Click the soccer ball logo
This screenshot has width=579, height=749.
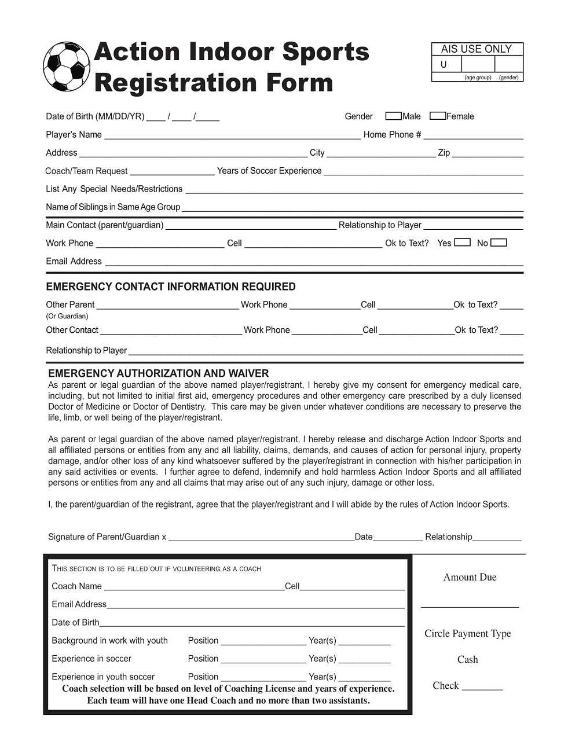click(x=67, y=66)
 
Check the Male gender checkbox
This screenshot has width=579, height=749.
click(x=393, y=116)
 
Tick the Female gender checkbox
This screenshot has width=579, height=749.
click(x=438, y=116)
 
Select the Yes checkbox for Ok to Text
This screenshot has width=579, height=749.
click(x=462, y=243)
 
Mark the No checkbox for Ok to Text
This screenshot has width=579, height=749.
click(x=499, y=243)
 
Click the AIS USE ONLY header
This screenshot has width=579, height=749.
click(x=477, y=49)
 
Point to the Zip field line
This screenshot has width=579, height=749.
click(x=488, y=155)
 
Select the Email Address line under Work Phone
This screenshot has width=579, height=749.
click(x=313, y=263)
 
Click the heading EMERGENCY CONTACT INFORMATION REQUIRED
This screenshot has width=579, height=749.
click(x=171, y=287)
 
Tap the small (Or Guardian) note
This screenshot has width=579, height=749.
click(x=67, y=316)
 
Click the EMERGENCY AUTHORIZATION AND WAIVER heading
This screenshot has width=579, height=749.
click(x=159, y=373)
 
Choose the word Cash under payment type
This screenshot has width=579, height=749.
click(x=468, y=659)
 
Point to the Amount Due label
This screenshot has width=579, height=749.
click(x=470, y=577)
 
